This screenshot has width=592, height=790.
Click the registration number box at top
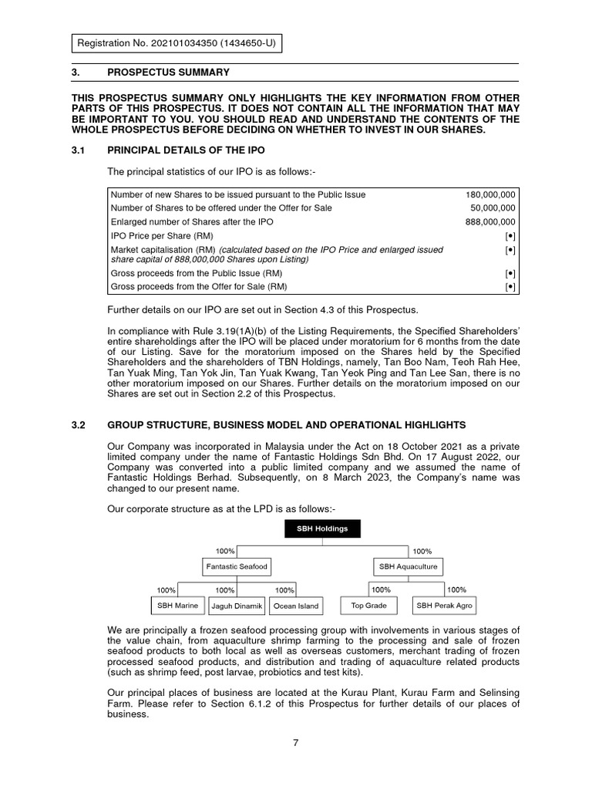click(x=177, y=44)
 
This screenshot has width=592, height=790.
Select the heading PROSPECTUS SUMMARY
click(x=168, y=73)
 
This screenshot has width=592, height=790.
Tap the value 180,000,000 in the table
click(x=491, y=194)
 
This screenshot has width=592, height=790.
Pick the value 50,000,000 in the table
click(x=493, y=208)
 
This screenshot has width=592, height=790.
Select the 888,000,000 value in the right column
click(x=491, y=221)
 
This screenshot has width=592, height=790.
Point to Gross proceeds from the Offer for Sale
click(x=197, y=287)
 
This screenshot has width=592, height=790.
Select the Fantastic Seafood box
click(x=237, y=566)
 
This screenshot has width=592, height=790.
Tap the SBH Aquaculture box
click(x=408, y=566)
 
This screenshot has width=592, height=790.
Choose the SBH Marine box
click(x=178, y=606)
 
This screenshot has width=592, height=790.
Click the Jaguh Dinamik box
click(x=237, y=606)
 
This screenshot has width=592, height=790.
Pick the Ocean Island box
click(x=296, y=606)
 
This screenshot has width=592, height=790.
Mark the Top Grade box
click(x=368, y=606)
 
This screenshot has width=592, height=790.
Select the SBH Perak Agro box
click(x=445, y=606)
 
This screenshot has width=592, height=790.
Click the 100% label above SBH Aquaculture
click(x=422, y=551)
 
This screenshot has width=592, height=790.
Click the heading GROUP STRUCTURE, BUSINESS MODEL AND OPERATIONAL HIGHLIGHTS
click(x=286, y=425)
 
